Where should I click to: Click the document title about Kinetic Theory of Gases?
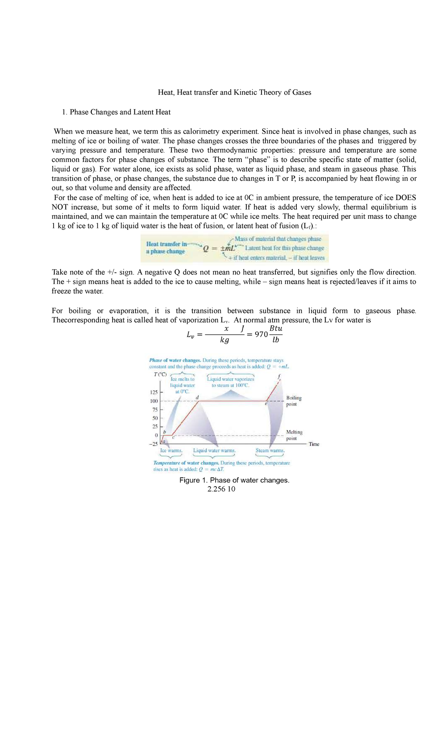click(x=234, y=92)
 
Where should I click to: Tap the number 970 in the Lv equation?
click(x=261, y=334)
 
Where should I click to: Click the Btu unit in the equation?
click(x=276, y=328)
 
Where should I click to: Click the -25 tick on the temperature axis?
click(x=153, y=444)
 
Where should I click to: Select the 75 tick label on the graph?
click(x=155, y=410)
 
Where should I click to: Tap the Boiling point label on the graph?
click(x=294, y=401)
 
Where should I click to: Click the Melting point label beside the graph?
click(x=294, y=435)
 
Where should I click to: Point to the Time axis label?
click(x=314, y=444)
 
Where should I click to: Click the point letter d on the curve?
click(x=197, y=397)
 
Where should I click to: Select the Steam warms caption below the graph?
click(x=270, y=450)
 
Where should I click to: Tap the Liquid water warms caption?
click(x=214, y=450)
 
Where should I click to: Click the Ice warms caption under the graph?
click(x=171, y=450)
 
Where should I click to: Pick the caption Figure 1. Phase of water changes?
click(x=234, y=480)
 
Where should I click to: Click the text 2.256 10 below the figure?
click(x=221, y=489)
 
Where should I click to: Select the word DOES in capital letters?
click(x=406, y=197)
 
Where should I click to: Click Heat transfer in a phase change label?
click(x=166, y=248)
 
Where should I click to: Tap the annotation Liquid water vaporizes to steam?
click(x=230, y=382)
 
